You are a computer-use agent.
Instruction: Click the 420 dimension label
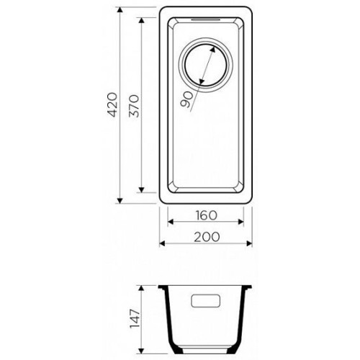click(x=112, y=104)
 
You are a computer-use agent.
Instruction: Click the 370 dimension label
click(x=134, y=106)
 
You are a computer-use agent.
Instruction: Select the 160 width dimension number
click(x=206, y=215)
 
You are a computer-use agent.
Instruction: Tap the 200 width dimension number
click(x=207, y=237)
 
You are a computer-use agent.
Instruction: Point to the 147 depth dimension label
click(x=135, y=319)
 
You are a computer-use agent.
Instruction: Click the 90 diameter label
click(x=186, y=99)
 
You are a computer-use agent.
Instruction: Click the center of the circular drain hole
click(x=206, y=65)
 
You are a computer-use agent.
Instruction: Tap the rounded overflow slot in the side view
click(x=206, y=301)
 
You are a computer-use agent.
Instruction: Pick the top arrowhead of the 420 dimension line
click(x=120, y=10)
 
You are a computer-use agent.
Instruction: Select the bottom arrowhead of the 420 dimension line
click(x=120, y=201)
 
